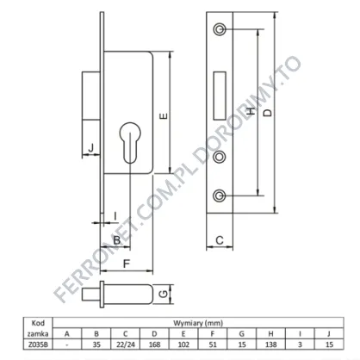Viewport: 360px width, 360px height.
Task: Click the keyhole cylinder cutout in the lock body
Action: (130, 143)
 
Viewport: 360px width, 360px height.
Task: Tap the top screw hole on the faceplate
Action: (220, 29)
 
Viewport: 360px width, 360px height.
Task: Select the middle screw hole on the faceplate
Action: (220, 157)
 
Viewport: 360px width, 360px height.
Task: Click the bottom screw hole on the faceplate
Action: (220, 196)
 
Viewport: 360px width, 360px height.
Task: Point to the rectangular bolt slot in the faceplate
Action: (220, 96)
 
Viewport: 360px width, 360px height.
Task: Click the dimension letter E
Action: (164, 116)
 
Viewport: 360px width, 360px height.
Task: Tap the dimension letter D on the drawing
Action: (267, 112)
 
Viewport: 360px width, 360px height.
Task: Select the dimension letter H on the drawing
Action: (251, 111)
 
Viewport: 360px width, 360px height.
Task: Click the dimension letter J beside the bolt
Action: (91, 148)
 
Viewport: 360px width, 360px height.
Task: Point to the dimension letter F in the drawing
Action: (127, 264)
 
